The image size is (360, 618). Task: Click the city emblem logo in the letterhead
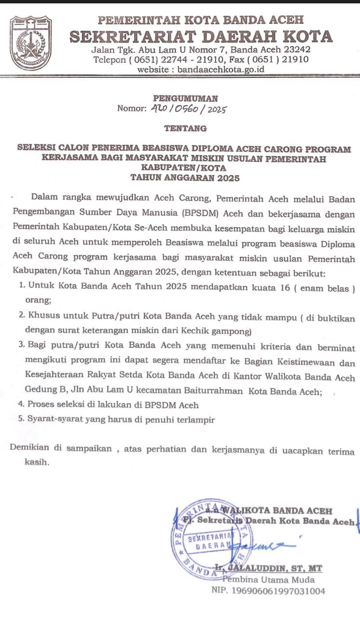[x=31, y=43]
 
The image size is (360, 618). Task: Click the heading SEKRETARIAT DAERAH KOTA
[x=201, y=37]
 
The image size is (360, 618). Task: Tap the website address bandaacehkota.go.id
[x=221, y=69]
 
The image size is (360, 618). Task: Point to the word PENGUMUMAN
[x=185, y=98]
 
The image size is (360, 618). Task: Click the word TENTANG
[x=185, y=128]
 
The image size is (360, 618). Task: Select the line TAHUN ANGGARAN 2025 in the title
[x=185, y=178]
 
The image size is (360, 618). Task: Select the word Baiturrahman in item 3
[x=208, y=392]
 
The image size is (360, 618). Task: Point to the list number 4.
[x=21, y=405]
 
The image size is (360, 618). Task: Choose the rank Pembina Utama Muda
[x=268, y=579]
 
